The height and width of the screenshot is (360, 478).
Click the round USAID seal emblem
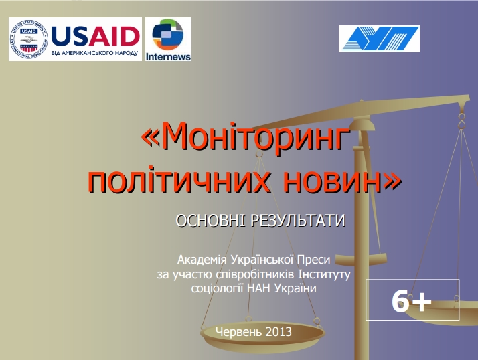[29, 39]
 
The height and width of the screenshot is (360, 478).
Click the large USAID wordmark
[96, 36]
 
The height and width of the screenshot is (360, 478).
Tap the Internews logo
[168, 39]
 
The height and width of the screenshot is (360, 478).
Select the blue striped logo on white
[379, 39]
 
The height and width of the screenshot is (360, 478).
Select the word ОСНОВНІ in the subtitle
[210, 220]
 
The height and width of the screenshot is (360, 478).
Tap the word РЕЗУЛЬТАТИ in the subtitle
[298, 220]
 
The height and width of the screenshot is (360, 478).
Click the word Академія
[202, 260]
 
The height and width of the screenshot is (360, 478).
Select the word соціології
[217, 288]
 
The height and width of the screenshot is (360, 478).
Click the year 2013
[278, 331]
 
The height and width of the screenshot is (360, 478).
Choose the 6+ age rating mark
[412, 301]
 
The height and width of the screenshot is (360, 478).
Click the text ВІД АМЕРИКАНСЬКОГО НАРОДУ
[94, 53]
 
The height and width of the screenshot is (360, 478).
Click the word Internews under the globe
[168, 57]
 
